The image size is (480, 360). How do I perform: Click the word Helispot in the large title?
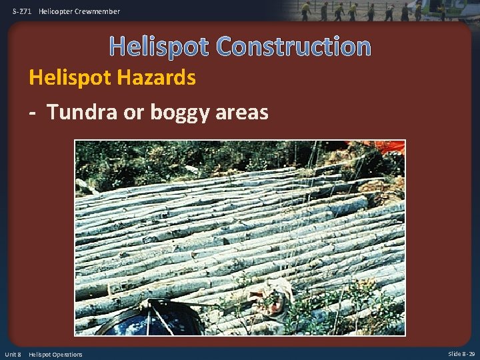(160, 47)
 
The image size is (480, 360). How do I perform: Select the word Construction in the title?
(293, 47)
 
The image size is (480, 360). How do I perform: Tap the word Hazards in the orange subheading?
(161, 78)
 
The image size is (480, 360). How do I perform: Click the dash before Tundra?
(32, 112)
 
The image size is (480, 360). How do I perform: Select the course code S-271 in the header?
(22, 11)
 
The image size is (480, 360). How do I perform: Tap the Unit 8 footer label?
(13, 354)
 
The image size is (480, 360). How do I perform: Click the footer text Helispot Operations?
(55, 354)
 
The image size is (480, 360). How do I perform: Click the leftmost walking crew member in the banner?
(305, 11)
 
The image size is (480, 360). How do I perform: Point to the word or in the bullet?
(133, 112)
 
